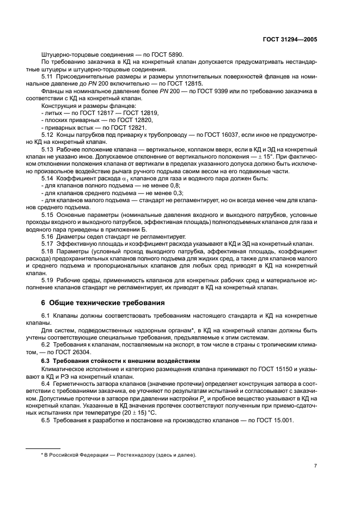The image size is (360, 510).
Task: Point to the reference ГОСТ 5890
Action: (167, 54)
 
